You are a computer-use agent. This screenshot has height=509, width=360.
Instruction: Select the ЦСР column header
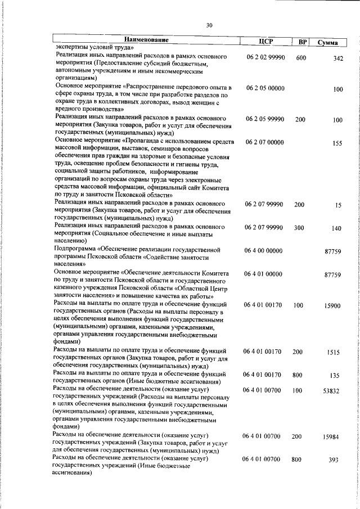(264, 40)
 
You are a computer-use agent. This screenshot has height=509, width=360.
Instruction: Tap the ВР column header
(302, 42)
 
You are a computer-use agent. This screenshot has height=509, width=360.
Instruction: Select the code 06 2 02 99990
(265, 58)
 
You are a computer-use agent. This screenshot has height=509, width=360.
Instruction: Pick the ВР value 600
(300, 58)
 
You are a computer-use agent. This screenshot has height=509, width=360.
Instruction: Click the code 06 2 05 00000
(265, 89)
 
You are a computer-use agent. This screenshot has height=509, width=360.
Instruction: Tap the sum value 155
(337, 143)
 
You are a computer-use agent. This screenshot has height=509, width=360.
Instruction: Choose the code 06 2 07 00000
(265, 143)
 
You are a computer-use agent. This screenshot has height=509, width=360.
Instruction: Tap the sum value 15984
(333, 437)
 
